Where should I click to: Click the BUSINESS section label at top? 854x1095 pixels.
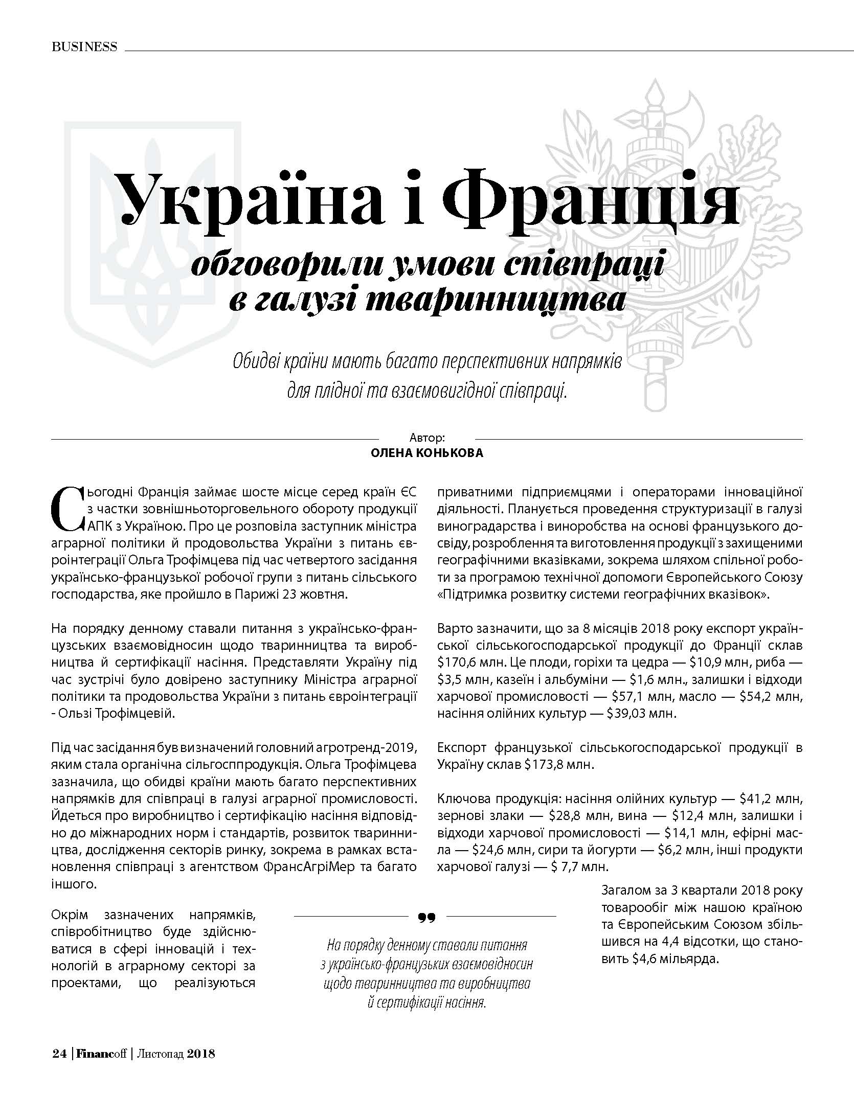[x=84, y=47]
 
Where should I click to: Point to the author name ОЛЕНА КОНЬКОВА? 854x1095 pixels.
[x=426, y=453]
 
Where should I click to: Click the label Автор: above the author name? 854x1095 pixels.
[x=427, y=438]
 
